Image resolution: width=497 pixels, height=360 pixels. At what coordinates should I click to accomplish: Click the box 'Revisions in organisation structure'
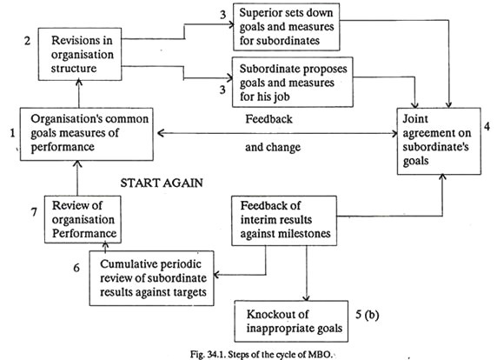[79, 52]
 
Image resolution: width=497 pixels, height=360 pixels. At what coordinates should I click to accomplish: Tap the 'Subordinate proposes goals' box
[288, 79]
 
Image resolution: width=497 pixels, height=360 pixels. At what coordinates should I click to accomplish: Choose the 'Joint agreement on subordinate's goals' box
[441, 138]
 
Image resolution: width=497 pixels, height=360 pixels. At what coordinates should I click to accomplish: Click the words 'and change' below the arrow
[274, 149]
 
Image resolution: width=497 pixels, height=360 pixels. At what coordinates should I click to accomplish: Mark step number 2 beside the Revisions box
[27, 39]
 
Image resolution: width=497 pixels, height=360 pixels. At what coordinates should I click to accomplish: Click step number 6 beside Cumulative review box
[77, 268]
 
